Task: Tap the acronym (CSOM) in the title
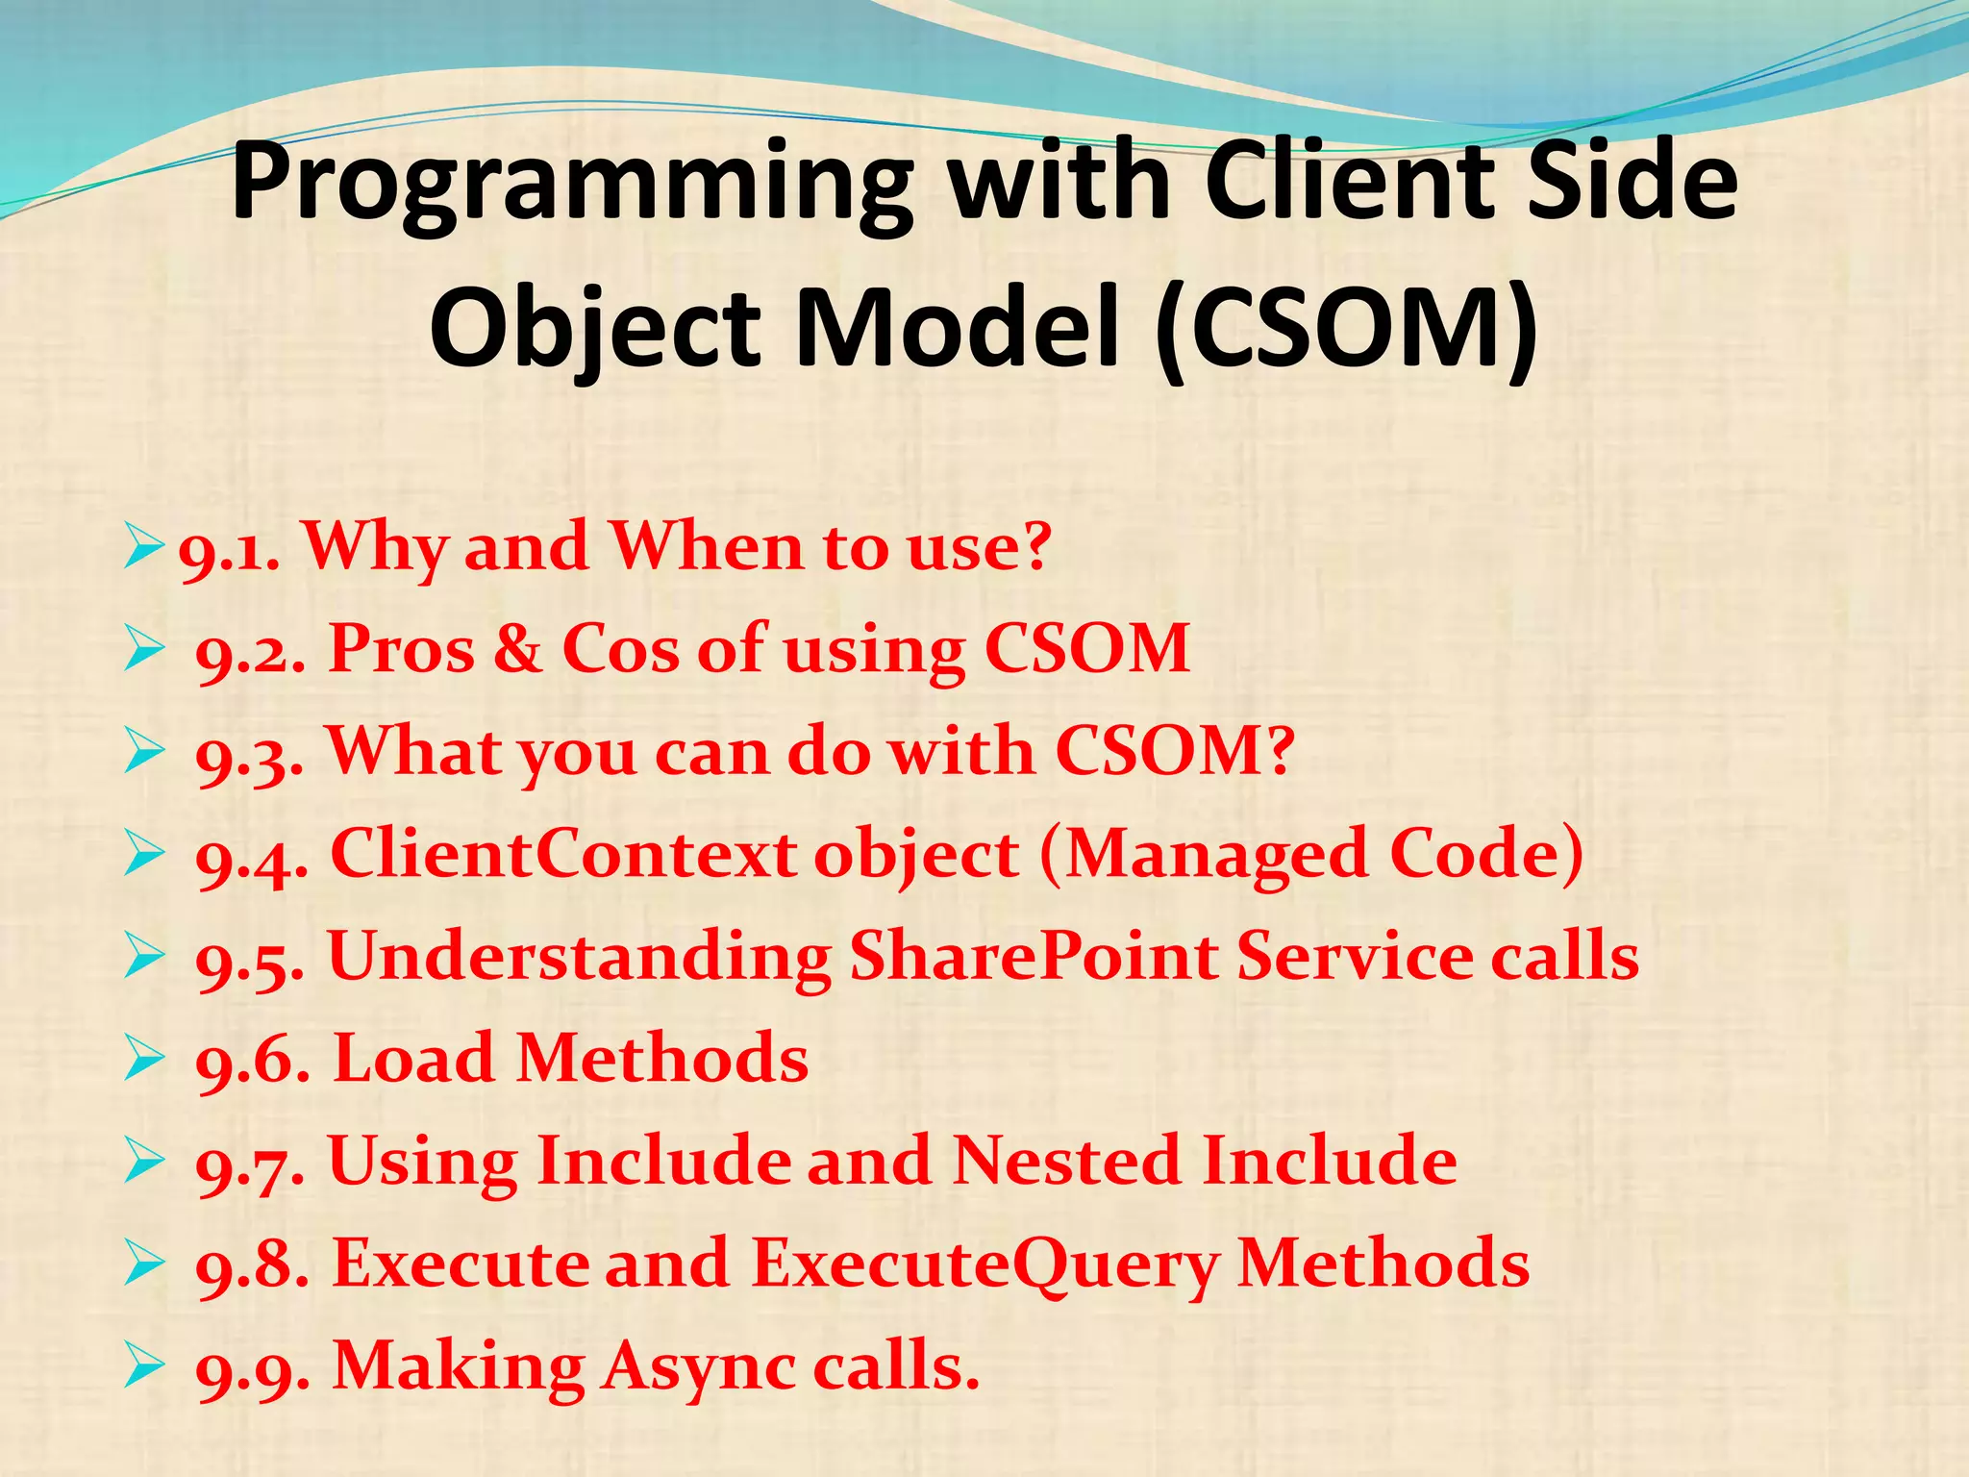[x=1346, y=327]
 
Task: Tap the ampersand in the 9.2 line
[x=518, y=649]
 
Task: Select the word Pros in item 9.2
[x=402, y=649]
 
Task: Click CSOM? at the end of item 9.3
[x=1175, y=751]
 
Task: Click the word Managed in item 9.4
[x=1217, y=856]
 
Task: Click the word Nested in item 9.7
[x=1066, y=1161]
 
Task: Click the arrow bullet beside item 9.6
[x=144, y=1061]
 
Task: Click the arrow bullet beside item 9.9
[x=144, y=1367]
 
